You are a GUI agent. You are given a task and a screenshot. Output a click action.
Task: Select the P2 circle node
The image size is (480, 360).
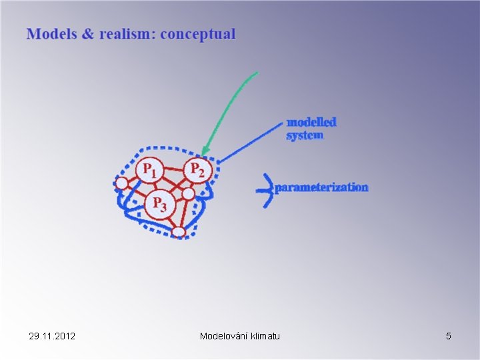tap(197, 170)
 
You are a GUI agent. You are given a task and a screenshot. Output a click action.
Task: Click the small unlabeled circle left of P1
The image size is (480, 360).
tap(121, 183)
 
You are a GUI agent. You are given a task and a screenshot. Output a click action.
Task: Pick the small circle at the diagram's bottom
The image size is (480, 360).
tap(178, 231)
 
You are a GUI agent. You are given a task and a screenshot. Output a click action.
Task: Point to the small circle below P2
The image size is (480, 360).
tap(189, 193)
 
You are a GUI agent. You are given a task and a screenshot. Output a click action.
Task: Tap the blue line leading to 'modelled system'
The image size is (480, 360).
tap(250, 142)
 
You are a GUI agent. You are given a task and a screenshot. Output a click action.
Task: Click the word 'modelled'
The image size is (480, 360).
tap(311, 122)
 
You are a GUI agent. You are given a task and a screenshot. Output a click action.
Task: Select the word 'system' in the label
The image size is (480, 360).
tap(305, 135)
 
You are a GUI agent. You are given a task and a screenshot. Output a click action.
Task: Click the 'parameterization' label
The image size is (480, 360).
tap(321, 187)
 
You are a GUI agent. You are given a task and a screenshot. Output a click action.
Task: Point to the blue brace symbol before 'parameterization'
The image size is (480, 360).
tap(265, 189)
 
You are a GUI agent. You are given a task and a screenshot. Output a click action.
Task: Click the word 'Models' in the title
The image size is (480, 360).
tap(51, 34)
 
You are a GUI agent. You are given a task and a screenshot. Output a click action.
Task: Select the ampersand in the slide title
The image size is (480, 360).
tap(87, 34)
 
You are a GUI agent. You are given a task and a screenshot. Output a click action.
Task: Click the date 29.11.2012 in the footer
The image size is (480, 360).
tap(52, 336)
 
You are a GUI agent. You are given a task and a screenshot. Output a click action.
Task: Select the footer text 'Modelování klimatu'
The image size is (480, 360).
tap(240, 336)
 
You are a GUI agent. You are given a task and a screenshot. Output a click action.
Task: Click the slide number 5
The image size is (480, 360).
tap(449, 336)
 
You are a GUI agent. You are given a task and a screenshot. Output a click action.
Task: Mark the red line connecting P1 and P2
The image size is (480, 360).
tap(173, 169)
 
